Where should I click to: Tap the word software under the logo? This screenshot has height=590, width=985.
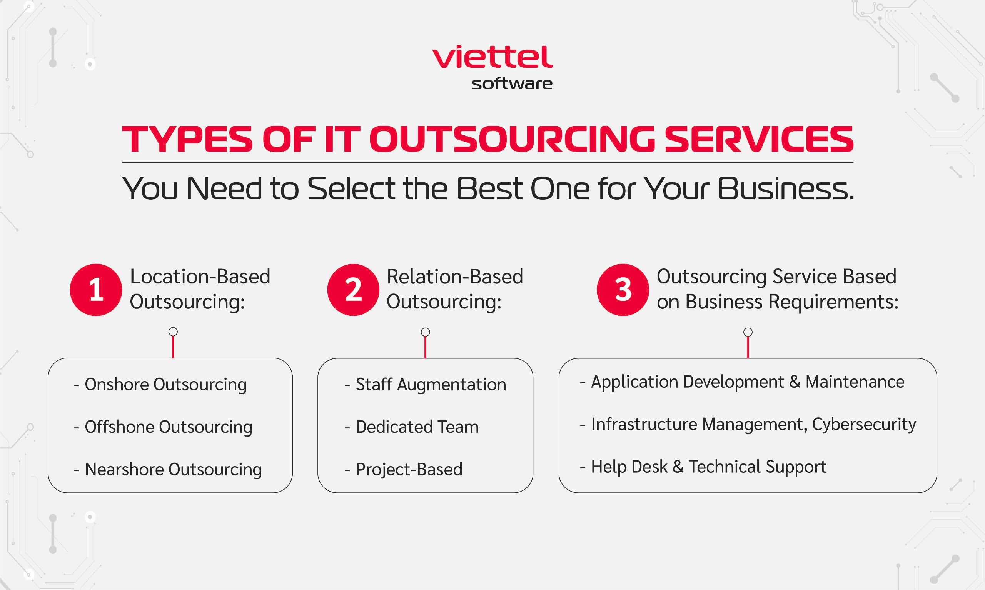click(x=512, y=83)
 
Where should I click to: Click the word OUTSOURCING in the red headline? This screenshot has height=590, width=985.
click(x=512, y=139)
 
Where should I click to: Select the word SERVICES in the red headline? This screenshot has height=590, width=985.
click(x=759, y=139)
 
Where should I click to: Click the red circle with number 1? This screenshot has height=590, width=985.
click(x=96, y=290)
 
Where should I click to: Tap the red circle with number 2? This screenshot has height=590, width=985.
click(x=353, y=290)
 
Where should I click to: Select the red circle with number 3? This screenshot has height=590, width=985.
click(x=623, y=290)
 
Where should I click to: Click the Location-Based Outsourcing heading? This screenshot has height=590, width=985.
click(x=200, y=289)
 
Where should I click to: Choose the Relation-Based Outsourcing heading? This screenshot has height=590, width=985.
click(x=455, y=289)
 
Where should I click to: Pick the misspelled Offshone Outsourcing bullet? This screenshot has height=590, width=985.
click(x=163, y=427)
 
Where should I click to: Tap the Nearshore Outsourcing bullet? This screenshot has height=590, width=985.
click(x=168, y=470)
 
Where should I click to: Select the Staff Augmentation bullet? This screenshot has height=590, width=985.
click(x=426, y=385)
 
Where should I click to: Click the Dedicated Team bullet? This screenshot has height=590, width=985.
click(x=412, y=427)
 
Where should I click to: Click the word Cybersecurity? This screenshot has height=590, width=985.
click(x=864, y=425)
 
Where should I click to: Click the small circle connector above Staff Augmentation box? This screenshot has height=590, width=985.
click(x=426, y=332)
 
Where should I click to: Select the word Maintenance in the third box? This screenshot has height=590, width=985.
click(x=855, y=382)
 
